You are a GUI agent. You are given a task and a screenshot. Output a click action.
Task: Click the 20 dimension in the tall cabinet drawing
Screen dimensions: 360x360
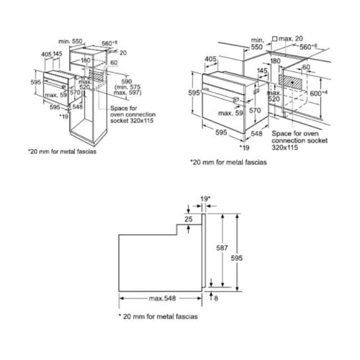pos(122,53)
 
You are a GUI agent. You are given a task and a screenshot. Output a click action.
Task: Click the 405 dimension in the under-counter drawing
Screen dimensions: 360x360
pos(212,60)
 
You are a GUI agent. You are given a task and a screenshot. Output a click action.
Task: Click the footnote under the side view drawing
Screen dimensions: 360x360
pos(156,317)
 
